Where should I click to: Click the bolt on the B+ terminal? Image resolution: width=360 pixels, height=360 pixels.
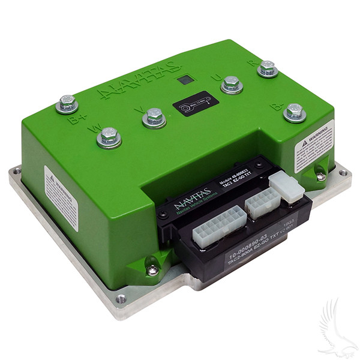[67, 103]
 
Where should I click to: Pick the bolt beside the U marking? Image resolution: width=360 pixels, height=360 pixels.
[232, 84]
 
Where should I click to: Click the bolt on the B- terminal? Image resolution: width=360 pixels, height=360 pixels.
[294, 111]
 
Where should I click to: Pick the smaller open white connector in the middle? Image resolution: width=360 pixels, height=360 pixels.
[262, 203]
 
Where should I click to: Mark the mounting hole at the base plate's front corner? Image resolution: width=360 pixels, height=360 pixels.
[121, 298]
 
